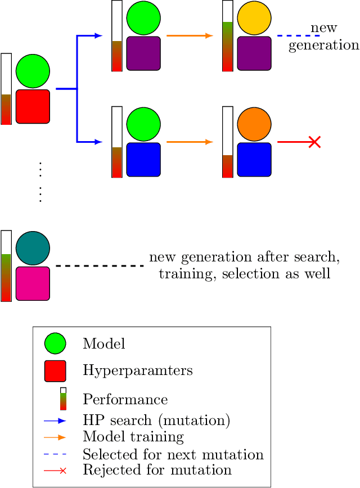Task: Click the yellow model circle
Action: click(x=254, y=19)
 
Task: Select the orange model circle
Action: click(x=254, y=124)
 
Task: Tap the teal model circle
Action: click(x=33, y=247)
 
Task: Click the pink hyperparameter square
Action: click(x=33, y=283)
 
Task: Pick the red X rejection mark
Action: click(x=314, y=142)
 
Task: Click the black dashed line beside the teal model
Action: click(x=100, y=265)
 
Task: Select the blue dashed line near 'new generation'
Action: click(x=298, y=36)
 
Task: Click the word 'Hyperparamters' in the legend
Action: click(x=137, y=370)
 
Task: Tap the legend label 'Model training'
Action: click(x=133, y=436)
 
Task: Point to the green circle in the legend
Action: click(x=55, y=344)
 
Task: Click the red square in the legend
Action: click(x=55, y=370)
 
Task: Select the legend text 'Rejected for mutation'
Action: click(x=157, y=470)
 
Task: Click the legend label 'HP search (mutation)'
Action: click(x=156, y=420)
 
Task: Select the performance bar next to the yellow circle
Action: click(x=228, y=36)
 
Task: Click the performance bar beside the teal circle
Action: click(x=6, y=265)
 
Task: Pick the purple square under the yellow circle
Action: click(x=254, y=53)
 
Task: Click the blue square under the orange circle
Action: click(x=254, y=160)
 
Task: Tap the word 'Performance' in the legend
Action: click(x=125, y=400)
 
